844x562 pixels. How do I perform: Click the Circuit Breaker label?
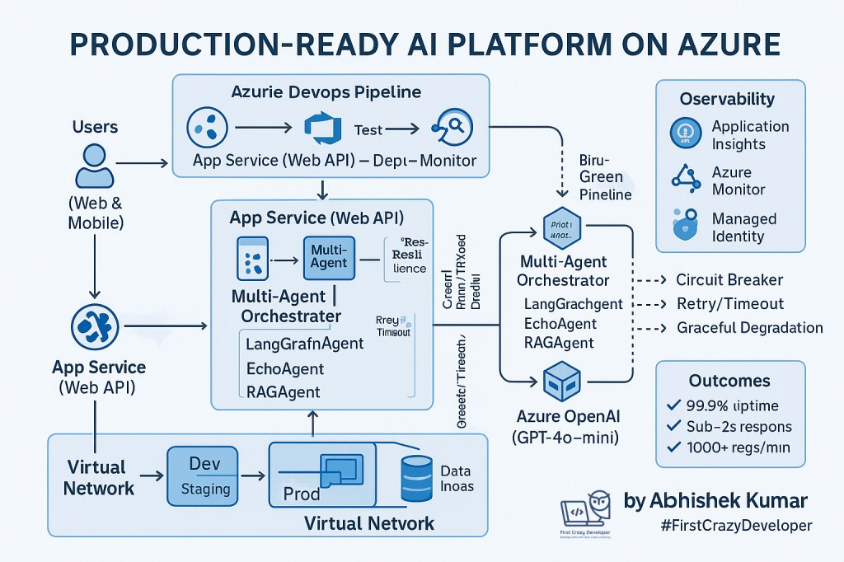(729, 280)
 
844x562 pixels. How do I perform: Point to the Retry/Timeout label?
(729, 304)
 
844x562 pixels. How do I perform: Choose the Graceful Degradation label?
(749, 328)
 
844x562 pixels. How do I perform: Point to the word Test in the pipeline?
(369, 129)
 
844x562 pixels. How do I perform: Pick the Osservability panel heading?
(727, 100)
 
